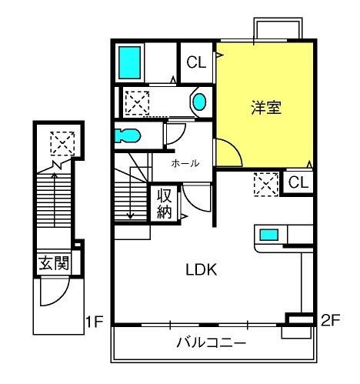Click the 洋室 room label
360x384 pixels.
coord(266,108)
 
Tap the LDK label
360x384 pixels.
coord(202,269)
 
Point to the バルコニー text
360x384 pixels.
coord(212,342)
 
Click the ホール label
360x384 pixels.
coord(185,163)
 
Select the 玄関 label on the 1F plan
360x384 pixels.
coord(54,263)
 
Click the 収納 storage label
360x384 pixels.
coord(164,203)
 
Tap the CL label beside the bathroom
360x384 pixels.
coord(196,62)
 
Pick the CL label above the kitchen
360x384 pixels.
coord(298,182)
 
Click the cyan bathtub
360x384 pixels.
coord(129,62)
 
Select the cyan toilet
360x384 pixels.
coord(127,135)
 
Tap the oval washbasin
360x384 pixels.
coord(199,102)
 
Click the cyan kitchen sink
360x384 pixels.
coord(268,235)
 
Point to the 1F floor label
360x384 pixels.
coord(95,322)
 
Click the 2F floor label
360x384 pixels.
coord(331,320)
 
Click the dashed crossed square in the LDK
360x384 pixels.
coord(266,185)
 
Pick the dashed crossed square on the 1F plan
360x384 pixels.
coord(62,143)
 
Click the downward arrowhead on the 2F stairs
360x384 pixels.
coord(130,216)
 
